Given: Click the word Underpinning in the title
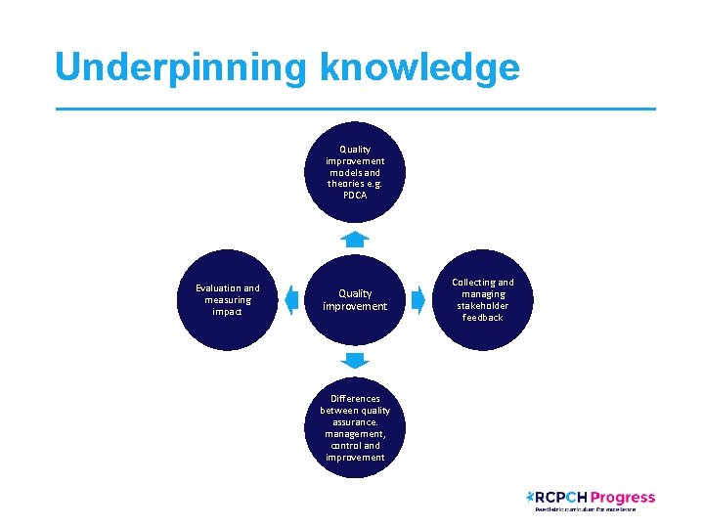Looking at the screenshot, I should (x=181, y=67).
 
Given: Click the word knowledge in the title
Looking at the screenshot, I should (x=418, y=67).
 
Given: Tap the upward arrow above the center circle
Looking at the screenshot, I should (x=355, y=239).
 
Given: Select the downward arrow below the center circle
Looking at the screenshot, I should (x=355, y=361).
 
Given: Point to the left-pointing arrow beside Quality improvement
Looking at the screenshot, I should (x=290, y=300).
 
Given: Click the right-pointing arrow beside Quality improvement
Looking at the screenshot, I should (x=418, y=300).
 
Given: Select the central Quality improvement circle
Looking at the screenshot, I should (x=355, y=300).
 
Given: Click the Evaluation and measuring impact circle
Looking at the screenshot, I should (x=228, y=300).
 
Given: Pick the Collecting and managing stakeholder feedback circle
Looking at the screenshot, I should (x=482, y=300).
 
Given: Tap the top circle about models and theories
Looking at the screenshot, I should (x=355, y=172).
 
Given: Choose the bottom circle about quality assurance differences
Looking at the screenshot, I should (x=355, y=427).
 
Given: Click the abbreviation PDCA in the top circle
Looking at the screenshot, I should (x=355, y=196).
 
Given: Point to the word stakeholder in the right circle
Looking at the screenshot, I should (x=482, y=306).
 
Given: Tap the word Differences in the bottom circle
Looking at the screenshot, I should (x=355, y=399).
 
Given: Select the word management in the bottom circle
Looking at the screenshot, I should (x=355, y=434).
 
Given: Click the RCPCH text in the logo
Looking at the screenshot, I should (x=564, y=498).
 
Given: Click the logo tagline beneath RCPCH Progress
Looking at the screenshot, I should (x=585, y=509).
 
